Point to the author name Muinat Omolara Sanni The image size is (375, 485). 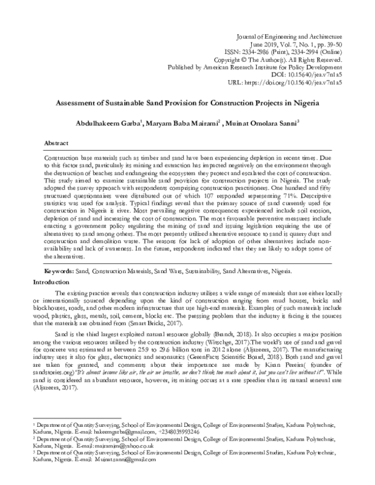(x=263, y=122)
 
